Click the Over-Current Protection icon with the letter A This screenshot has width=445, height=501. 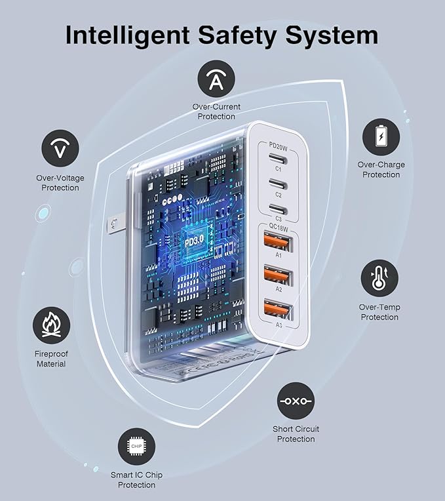point(216,79)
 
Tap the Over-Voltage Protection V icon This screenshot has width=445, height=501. point(60,148)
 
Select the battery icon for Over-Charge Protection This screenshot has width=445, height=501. point(381,137)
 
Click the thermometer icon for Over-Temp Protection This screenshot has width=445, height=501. point(379,278)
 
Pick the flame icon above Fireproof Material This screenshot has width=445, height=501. point(51,326)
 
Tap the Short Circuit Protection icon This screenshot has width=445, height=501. point(296,401)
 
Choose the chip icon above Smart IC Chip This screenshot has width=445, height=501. point(136,447)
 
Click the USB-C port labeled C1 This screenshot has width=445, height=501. point(278,159)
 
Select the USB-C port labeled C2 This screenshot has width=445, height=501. point(278,184)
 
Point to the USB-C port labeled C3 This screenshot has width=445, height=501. point(278,209)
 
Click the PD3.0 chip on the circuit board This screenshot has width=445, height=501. point(195,241)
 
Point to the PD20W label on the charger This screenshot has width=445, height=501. point(278,146)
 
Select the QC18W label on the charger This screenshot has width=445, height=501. point(279,228)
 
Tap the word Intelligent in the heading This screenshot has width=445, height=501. point(127,36)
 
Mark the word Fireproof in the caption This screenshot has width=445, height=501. point(51,353)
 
